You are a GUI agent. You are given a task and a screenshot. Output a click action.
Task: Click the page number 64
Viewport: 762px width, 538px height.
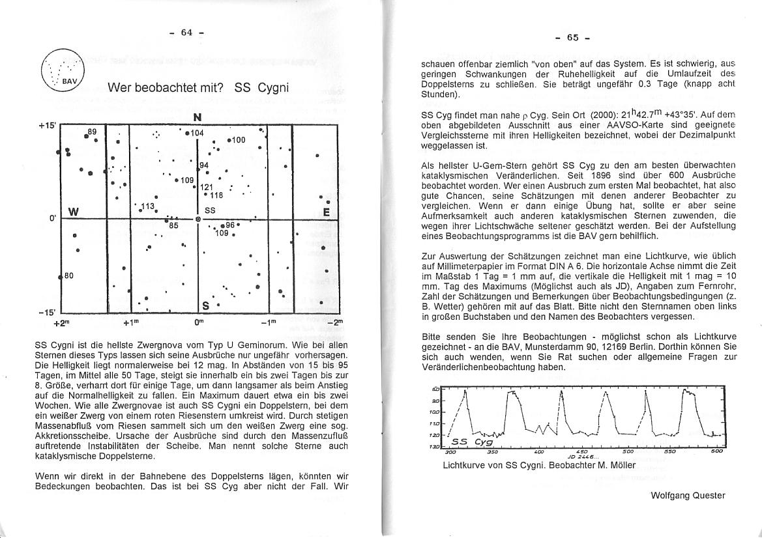(187, 33)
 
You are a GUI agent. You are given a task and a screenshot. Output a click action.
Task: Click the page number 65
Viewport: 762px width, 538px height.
(573, 37)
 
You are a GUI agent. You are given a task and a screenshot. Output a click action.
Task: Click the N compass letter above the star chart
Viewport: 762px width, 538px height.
(197, 118)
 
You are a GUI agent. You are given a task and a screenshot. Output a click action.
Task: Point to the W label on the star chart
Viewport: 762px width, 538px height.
(73, 212)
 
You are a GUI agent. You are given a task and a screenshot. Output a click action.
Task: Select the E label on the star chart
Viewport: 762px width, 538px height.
(326, 212)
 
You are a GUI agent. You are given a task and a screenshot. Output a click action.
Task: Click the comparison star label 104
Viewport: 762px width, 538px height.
(198, 133)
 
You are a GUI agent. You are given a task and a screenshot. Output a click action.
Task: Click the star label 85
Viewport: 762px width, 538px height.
(174, 225)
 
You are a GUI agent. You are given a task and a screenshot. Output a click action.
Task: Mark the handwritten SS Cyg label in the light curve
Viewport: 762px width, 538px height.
(472, 441)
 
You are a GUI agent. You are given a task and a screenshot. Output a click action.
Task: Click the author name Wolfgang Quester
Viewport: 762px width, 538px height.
(688, 495)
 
